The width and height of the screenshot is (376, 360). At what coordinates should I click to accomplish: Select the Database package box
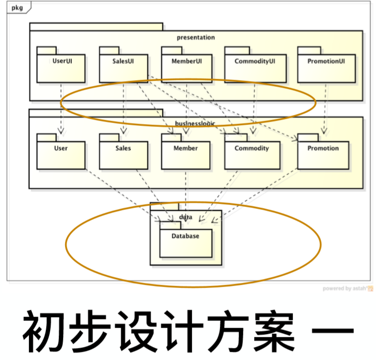click(186, 241)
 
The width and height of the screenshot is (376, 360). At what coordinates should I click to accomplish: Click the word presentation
click(195, 37)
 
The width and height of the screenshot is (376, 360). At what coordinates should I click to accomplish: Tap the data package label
click(186, 217)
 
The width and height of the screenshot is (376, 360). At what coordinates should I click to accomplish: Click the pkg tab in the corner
click(17, 7)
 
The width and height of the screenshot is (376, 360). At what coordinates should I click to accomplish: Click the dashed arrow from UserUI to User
click(61, 109)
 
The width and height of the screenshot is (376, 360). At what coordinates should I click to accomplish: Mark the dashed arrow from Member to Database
click(186, 193)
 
